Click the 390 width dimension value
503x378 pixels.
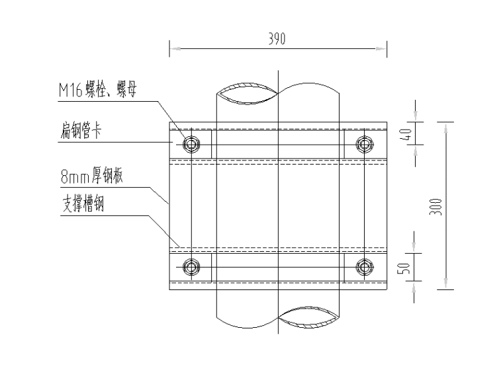[x=277, y=39]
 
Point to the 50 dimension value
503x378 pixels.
[x=408, y=268]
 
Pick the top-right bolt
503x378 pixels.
[x=363, y=143]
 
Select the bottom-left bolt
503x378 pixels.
[x=191, y=267]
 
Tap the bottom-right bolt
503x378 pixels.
[x=363, y=267]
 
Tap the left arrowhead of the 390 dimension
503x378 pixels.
[x=174, y=47]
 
